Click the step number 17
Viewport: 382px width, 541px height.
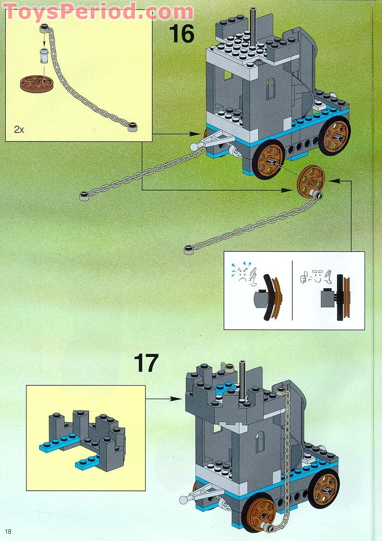pyautogui.click(x=146, y=363)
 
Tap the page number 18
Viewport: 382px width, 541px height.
pyautogui.click(x=9, y=531)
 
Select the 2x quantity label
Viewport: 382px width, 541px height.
pyautogui.click(x=19, y=130)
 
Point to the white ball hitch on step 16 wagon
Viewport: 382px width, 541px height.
pyautogui.click(x=194, y=146)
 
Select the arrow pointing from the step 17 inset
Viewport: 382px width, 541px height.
pyautogui.click(x=165, y=398)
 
